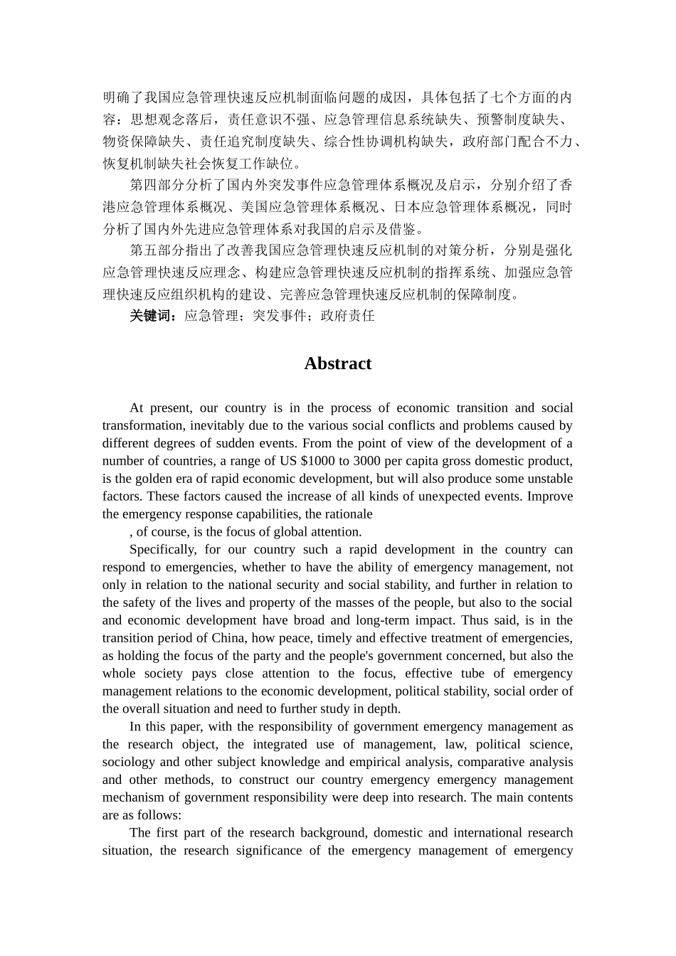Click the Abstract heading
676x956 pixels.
(337, 363)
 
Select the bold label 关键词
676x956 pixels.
(152, 316)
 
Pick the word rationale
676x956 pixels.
(349, 514)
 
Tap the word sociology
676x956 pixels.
(127, 763)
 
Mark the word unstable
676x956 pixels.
(549, 479)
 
